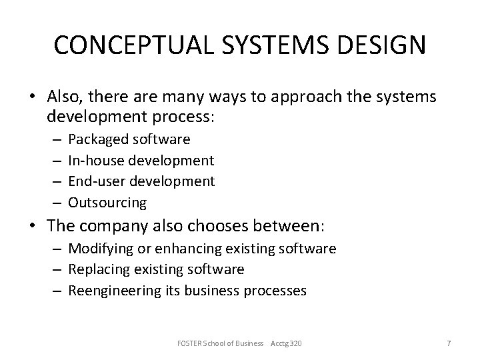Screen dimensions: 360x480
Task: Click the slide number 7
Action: (x=449, y=343)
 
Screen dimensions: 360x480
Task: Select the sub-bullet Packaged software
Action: (x=129, y=139)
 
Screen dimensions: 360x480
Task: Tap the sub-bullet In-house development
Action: (x=141, y=160)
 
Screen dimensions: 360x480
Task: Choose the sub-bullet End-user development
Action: (x=141, y=181)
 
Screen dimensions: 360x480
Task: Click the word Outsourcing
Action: (x=107, y=201)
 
